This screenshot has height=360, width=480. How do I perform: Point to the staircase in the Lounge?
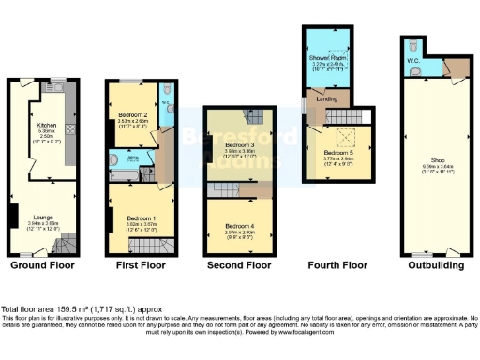(63, 243)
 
